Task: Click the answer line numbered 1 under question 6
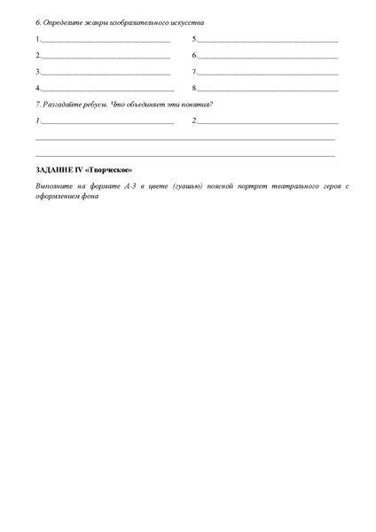106,41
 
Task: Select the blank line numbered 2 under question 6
106,57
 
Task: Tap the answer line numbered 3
106,73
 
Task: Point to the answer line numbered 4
107,90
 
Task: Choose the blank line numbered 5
267,41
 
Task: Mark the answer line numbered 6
267,57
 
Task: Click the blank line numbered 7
267,73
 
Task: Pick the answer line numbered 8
267,90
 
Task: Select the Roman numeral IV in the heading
82,169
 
